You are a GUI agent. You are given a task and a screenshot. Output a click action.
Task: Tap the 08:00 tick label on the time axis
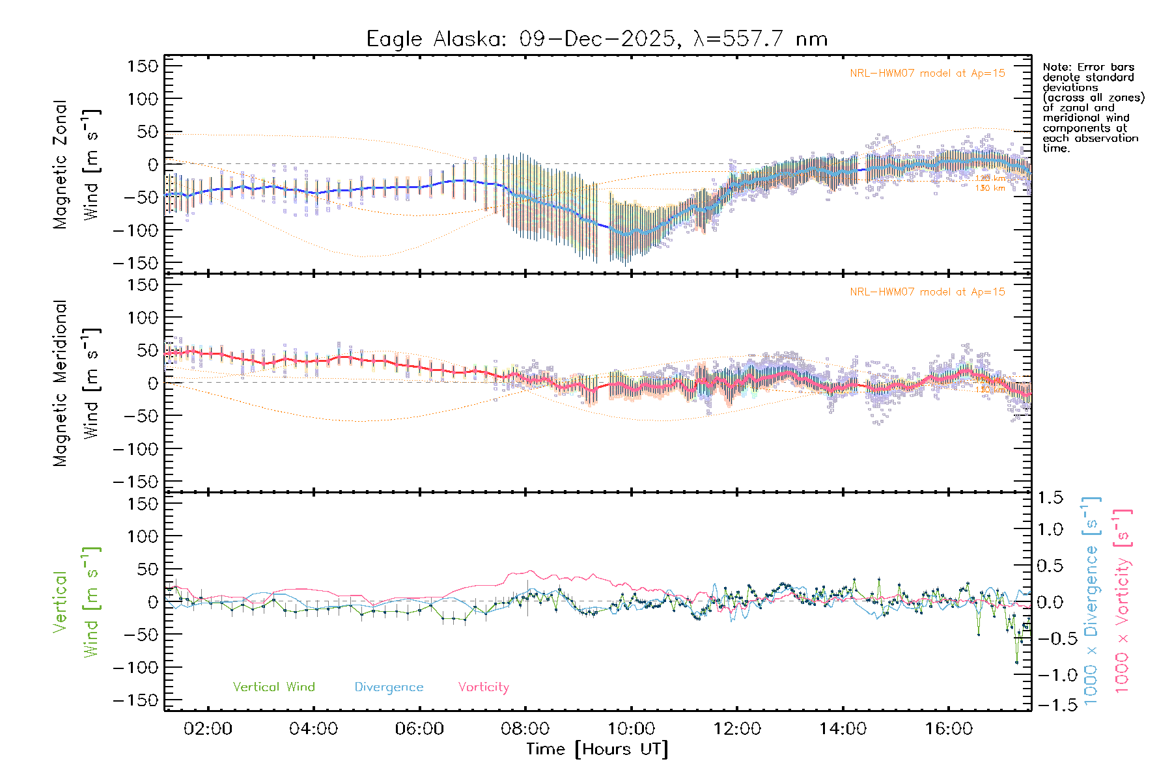[525, 729]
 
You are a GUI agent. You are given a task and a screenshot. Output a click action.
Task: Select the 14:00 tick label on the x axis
[843, 729]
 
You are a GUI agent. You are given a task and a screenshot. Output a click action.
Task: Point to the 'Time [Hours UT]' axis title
[597, 750]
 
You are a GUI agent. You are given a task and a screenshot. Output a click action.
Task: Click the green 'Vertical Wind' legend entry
[273, 687]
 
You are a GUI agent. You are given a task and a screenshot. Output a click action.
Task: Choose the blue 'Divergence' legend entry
[389, 687]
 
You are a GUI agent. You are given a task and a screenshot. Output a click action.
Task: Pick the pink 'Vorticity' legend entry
[483, 687]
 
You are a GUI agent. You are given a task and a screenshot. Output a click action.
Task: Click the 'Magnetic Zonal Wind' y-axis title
[77, 164]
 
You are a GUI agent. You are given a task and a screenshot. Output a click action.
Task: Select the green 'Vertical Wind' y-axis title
[77, 602]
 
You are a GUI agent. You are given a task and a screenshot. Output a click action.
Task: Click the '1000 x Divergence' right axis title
[1091, 601]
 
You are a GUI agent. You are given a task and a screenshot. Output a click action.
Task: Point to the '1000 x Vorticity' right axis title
[1122, 601]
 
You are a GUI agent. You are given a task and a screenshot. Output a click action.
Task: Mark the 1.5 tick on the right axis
[1050, 498]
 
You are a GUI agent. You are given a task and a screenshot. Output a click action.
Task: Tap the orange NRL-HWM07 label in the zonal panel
[927, 74]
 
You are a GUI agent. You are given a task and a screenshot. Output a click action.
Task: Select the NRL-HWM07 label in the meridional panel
[927, 292]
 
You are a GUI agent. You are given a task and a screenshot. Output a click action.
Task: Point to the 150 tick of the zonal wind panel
[143, 66]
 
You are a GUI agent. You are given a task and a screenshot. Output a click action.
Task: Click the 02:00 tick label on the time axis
[208, 729]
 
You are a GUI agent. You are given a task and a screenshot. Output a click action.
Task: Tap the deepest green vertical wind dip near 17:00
[1016, 662]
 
